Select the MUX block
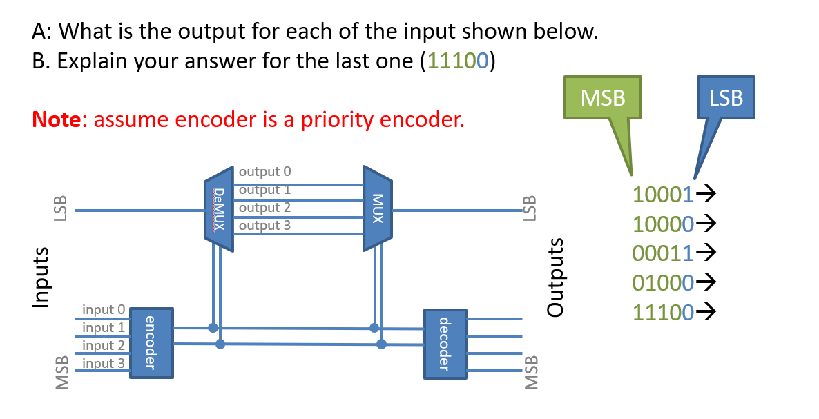(x=377, y=208)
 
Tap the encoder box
(x=151, y=343)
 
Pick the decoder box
(x=442, y=343)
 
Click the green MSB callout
(x=602, y=98)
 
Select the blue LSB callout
(x=725, y=98)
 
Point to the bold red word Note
(x=55, y=120)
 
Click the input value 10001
(x=662, y=195)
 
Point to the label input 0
(x=103, y=309)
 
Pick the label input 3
(x=103, y=363)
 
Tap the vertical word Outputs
(x=555, y=276)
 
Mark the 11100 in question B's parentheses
(x=458, y=61)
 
